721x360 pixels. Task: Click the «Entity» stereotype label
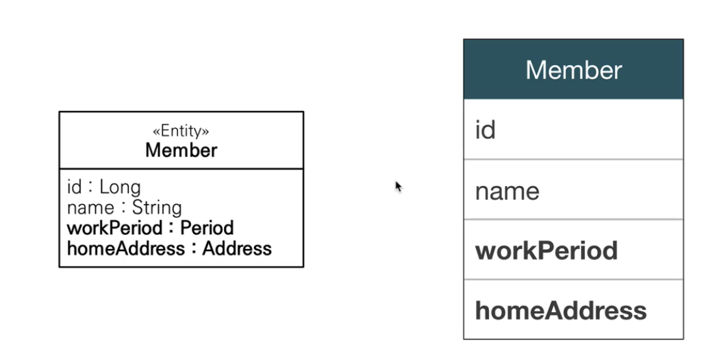[181, 131]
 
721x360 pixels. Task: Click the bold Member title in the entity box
[181, 150]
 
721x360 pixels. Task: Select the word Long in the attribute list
[120, 187]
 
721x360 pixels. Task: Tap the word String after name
[157, 207]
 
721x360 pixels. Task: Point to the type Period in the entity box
[207, 227]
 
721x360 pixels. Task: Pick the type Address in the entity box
[237, 248]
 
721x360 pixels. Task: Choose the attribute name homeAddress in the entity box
[126, 248]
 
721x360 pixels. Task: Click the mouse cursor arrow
[398, 185]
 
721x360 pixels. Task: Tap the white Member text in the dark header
[573, 70]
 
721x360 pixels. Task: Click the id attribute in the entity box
[74, 187]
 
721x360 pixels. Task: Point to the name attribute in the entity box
[89, 207]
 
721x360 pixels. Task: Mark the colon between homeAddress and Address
[194, 248]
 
